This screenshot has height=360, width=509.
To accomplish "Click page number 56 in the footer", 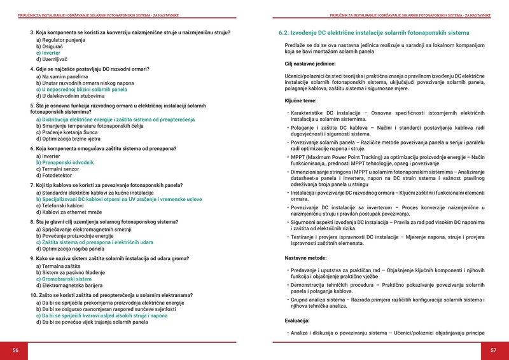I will (x=16, y=350).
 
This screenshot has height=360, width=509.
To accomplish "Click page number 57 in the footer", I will (x=493, y=350).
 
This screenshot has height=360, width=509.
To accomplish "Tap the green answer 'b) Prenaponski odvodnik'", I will (x=64, y=162).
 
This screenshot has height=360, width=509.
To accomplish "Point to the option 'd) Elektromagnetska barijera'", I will (x=69, y=286).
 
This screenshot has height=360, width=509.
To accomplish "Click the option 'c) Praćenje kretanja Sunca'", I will (x=68, y=132).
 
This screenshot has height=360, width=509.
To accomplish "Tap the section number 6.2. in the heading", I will (x=286, y=32).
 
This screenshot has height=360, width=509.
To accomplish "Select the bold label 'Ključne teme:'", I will (x=302, y=101).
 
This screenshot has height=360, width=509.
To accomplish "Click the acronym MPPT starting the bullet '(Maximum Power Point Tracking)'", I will (x=298, y=156).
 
